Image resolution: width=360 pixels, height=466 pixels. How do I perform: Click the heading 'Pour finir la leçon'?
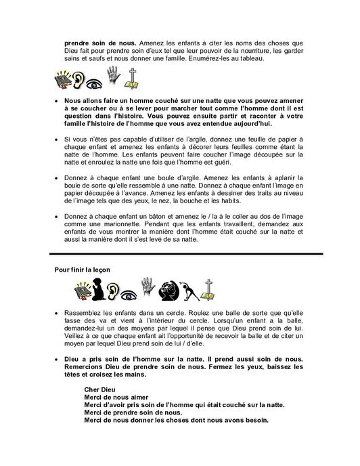click(x=84, y=269)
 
